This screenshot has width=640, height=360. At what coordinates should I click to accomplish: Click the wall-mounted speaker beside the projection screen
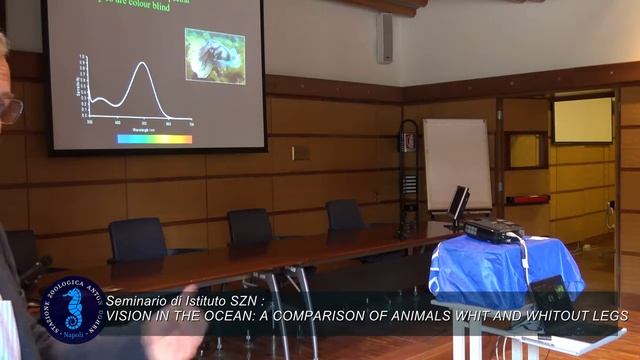click(x=385, y=38)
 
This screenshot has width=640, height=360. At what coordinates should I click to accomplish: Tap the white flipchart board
click(x=457, y=162)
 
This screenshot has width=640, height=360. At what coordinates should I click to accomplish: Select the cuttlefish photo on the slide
click(x=215, y=56)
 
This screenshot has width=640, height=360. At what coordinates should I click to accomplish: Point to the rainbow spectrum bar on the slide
click(x=154, y=139)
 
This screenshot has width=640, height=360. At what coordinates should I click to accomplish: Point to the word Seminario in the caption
click(x=140, y=300)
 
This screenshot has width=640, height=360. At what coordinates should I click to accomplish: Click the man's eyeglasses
click(x=9, y=109)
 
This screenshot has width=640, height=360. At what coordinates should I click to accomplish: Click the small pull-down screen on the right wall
click(x=582, y=120)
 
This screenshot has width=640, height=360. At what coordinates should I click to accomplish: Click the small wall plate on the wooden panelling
click(x=300, y=152)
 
